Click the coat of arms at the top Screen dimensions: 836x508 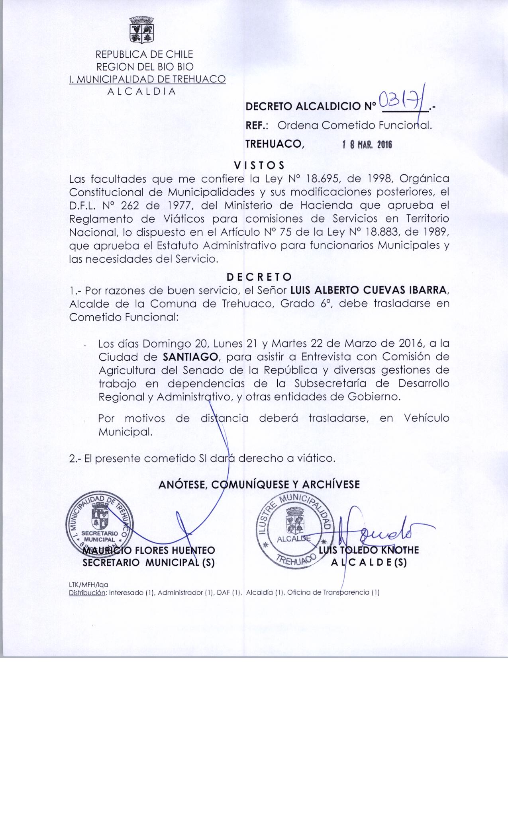pos(142,29)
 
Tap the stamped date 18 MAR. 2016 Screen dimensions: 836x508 pos(367,145)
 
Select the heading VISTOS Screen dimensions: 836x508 pos(259,165)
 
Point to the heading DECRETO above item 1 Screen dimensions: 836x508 pos(259,276)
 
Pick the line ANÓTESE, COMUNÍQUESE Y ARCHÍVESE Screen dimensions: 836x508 pos(259,484)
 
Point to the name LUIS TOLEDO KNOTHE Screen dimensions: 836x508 pos(369,550)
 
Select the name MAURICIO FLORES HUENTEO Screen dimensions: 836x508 pos(148,551)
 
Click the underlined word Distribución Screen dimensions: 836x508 pos(88,592)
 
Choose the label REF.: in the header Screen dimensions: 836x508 pos(257,126)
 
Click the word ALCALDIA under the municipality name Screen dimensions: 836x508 pos(142,91)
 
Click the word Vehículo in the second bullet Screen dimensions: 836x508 pos(426,418)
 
